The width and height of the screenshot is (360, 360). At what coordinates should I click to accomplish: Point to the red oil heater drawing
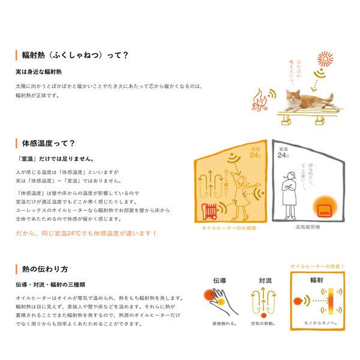[x=212, y=209]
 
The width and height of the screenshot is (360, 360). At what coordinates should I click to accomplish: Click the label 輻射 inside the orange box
[x=316, y=280]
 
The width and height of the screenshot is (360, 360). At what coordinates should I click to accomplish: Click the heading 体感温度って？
[x=48, y=144]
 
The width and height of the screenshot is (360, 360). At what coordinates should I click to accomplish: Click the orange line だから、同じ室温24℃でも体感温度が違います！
[x=87, y=232]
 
